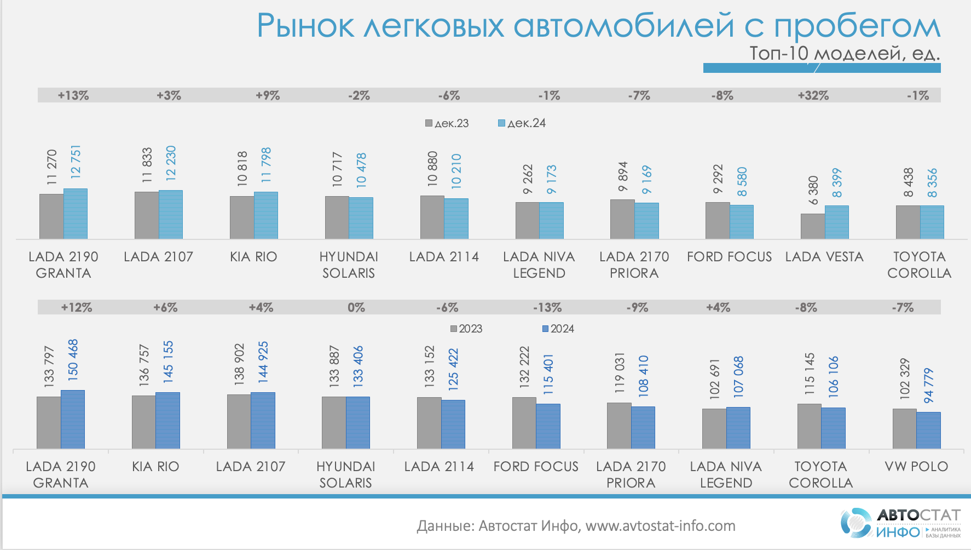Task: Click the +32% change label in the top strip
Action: click(813, 95)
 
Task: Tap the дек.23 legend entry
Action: click(447, 123)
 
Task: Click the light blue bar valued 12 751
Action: click(76, 214)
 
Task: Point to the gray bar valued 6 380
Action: click(813, 226)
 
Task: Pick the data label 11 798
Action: click(266, 165)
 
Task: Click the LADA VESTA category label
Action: click(824, 256)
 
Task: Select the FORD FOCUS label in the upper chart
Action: click(729, 256)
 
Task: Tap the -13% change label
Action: click(547, 307)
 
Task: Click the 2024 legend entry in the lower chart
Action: click(558, 329)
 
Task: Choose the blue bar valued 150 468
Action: click(73, 420)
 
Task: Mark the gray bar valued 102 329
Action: click(904, 429)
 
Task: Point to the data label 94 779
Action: click(929, 386)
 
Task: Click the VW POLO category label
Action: click(916, 466)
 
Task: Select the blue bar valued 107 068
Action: click(738, 428)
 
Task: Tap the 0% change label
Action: click(356, 307)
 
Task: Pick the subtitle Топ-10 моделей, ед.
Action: click(844, 54)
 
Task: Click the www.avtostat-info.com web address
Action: click(660, 526)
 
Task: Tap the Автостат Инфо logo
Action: click(901, 523)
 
